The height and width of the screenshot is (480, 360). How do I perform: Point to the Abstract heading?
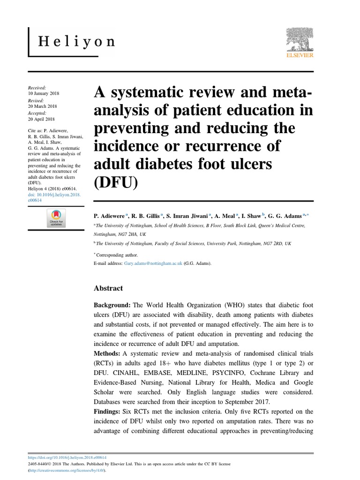pyautogui.click(x=109, y=288)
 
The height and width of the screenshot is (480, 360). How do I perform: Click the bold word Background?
pyautogui.click(x=112, y=305)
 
